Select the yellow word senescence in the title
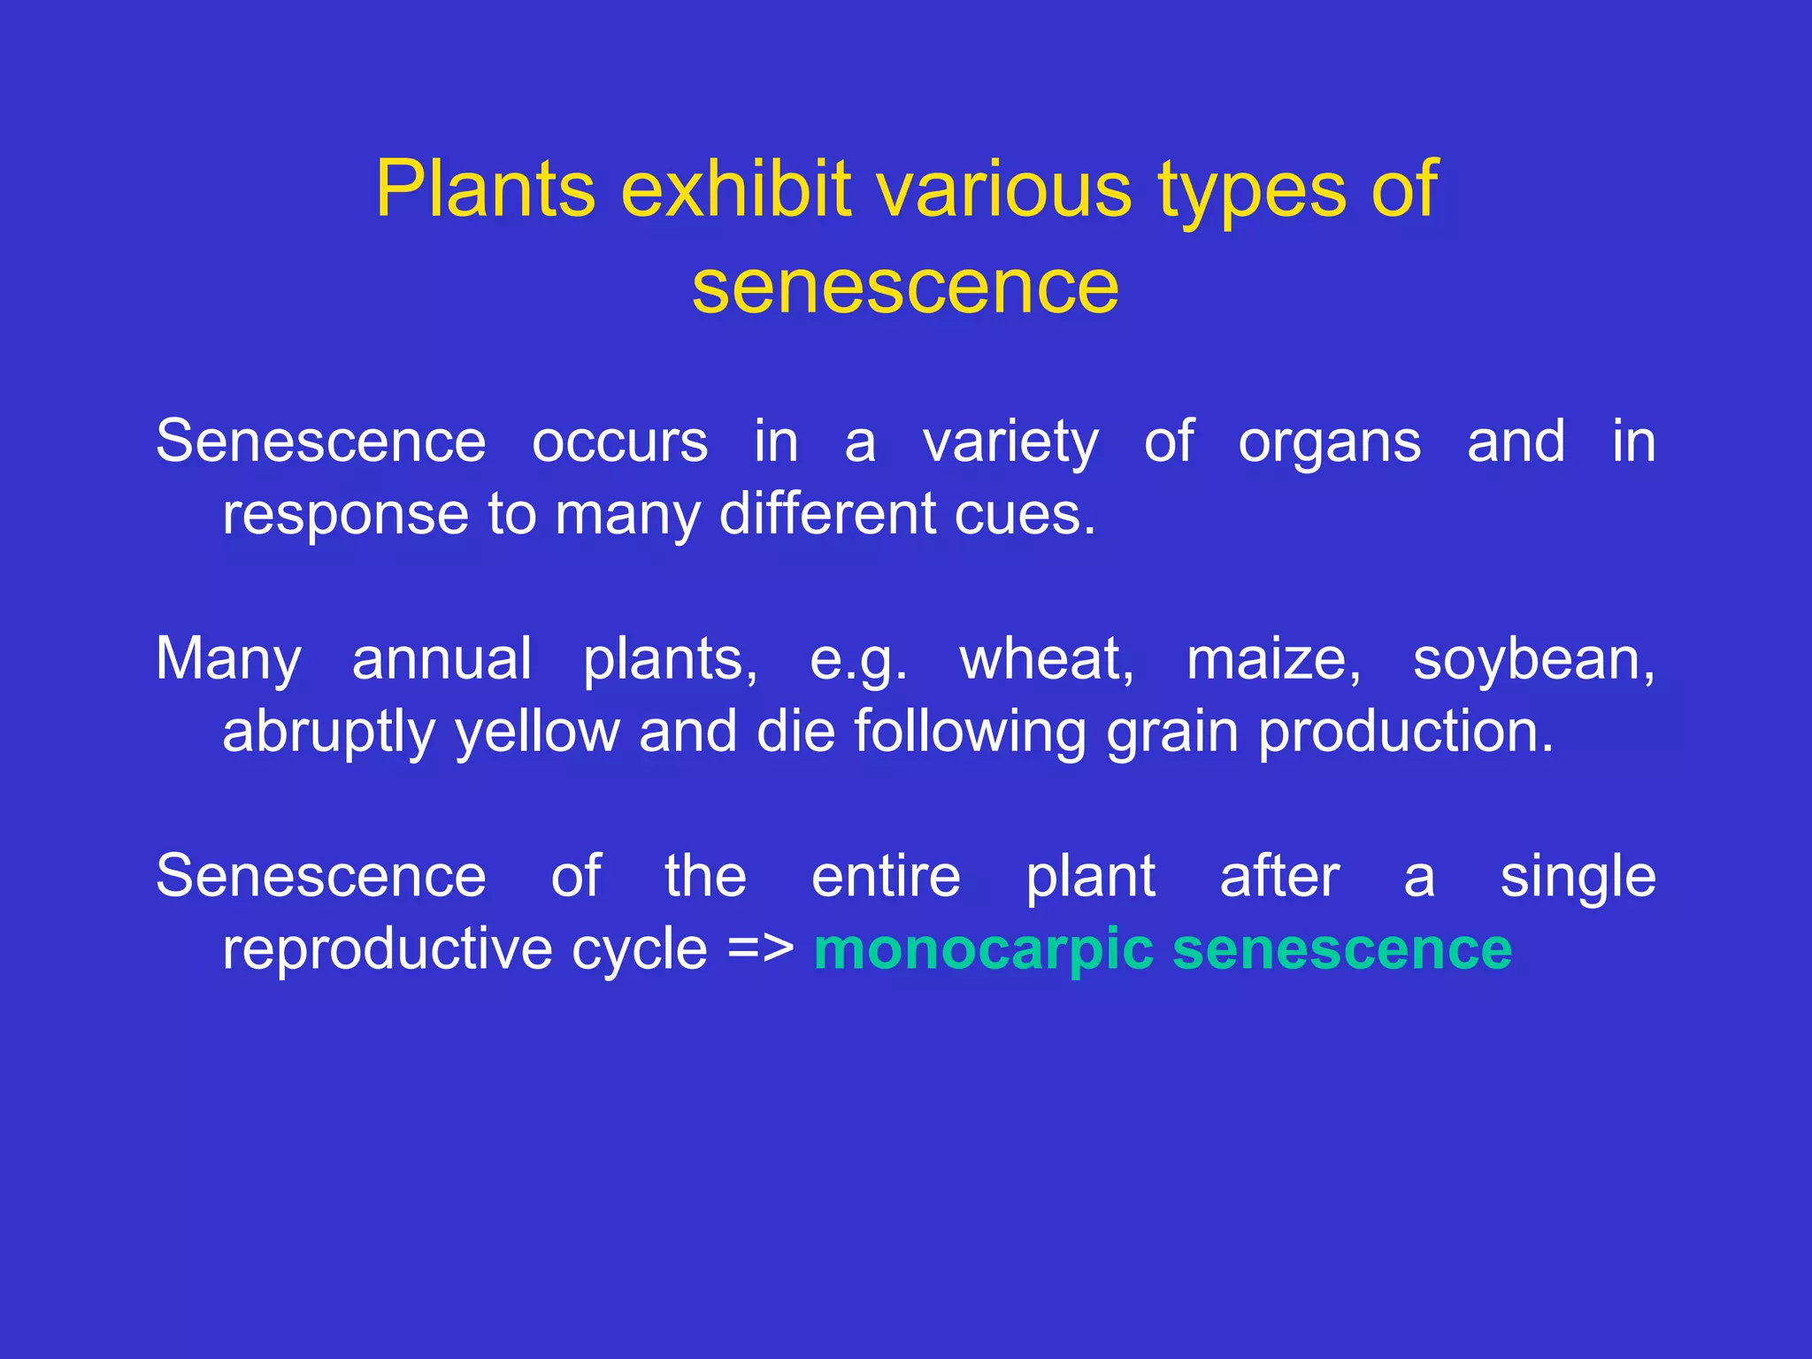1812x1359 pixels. [905, 287]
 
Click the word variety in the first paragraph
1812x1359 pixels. [1010, 442]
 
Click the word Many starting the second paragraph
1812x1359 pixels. [228, 661]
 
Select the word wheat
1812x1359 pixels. [1047, 660]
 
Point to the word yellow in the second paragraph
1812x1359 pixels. [537, 733]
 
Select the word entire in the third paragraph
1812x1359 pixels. [886, 877]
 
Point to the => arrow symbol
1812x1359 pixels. [760, 950]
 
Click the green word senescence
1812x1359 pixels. [1341, 950]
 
